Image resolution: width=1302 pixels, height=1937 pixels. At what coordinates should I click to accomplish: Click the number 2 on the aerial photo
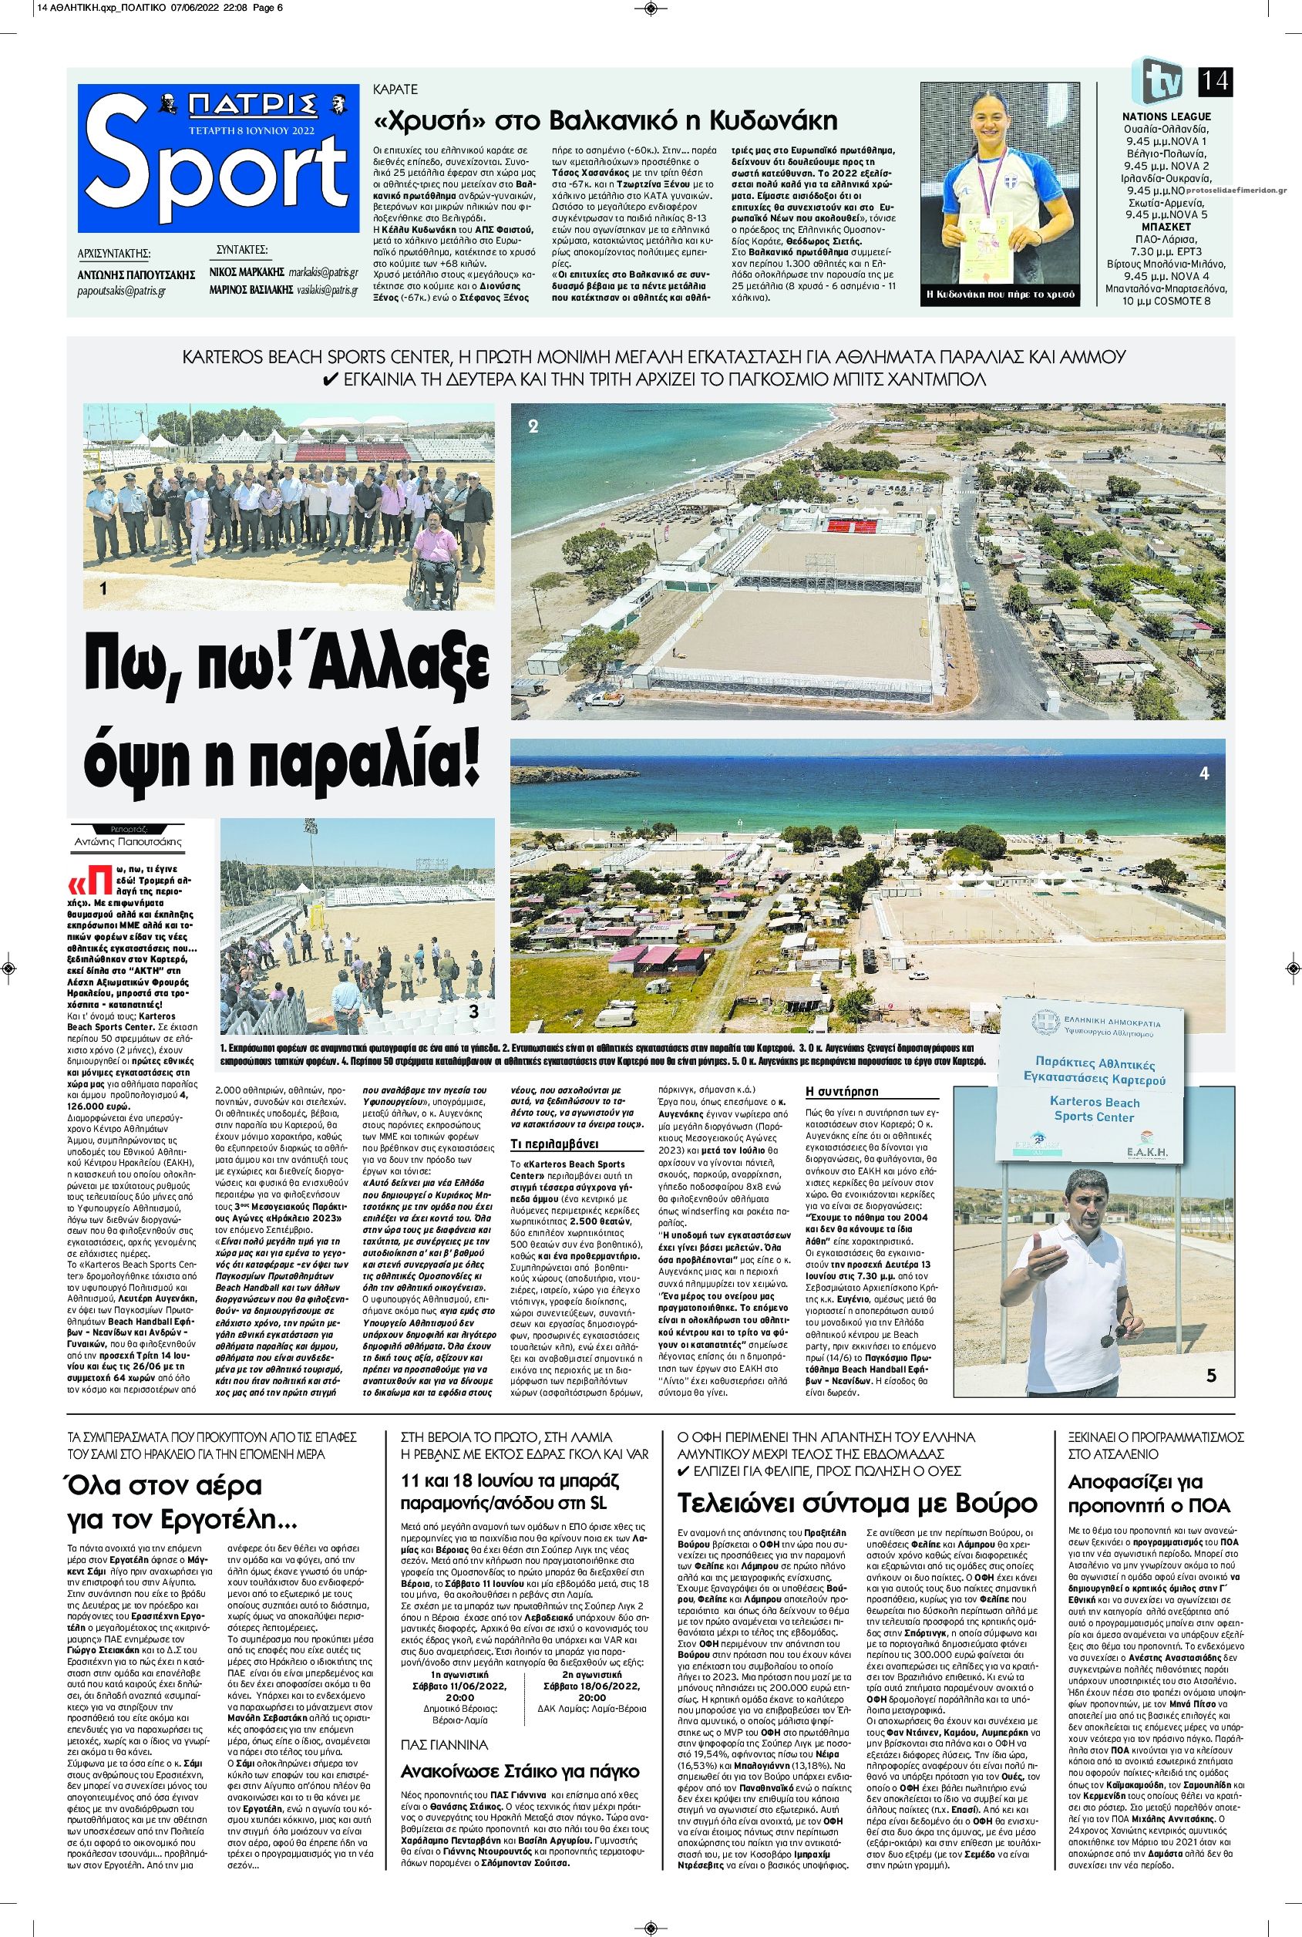click(x=534, y=427)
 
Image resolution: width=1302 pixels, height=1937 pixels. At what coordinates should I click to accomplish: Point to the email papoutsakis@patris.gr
click(x=119, y=292)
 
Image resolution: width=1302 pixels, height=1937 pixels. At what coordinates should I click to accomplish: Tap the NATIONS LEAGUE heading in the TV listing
click(x=1166, y=117)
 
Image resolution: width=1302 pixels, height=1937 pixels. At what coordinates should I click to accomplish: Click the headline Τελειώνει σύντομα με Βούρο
click(x=858, y=1504)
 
